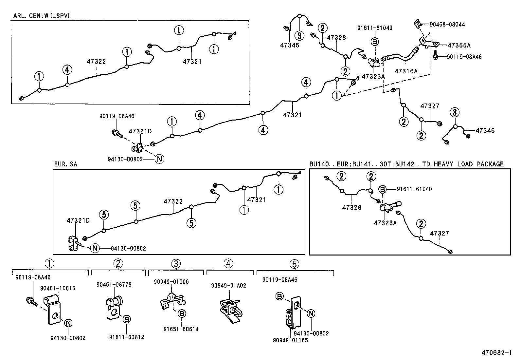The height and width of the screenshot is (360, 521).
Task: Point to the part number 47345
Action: [289, 45]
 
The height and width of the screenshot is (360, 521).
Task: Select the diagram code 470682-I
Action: [496, 353]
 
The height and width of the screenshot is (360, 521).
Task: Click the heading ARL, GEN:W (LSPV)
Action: [41, 16]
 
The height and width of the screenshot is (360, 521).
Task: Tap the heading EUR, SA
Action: [65, 164]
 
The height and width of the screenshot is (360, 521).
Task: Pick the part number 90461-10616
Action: [58, 288]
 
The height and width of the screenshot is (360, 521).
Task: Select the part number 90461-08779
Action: [114, 285]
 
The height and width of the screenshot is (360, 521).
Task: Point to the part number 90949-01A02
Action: [228, 286]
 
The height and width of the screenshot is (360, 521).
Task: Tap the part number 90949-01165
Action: [290, 340]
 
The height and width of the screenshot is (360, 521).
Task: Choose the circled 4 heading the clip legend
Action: [228, 263]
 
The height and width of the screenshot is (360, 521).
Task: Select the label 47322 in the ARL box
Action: [96, 61]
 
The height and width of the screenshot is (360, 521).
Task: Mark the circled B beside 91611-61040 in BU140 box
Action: [383, 189]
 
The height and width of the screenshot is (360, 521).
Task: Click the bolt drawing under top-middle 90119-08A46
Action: [117, 133]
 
